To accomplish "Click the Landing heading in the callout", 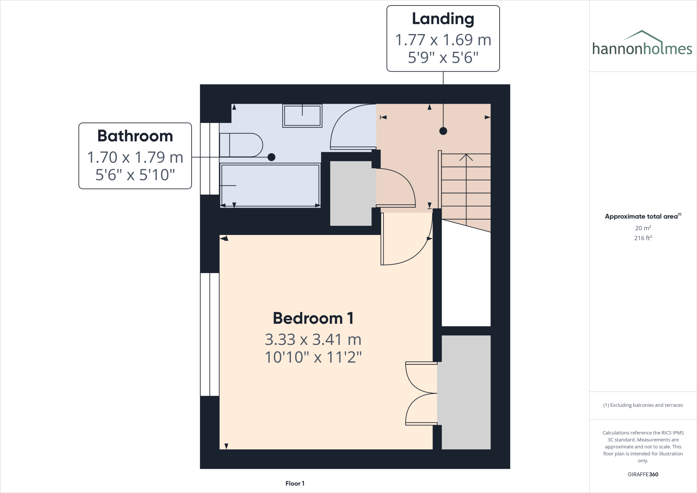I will (443, 19).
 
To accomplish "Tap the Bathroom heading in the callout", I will (135, 136).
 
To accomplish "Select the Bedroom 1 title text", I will (313, 319).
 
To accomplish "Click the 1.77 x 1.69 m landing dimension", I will (443, 40).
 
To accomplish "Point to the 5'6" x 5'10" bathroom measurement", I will (135, 175).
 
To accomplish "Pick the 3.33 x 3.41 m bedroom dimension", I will (313, 339).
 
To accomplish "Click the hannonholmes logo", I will (642, 44).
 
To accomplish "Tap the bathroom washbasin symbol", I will (302, 116).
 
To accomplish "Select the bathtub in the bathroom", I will (270, 186).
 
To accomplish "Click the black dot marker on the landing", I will (443, 131).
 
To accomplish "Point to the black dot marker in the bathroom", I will (271, 157).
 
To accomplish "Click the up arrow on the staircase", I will (466, 158).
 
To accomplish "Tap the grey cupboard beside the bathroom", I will (351, 193).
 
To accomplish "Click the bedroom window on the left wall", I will (210, 334).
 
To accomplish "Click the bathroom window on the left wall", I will (210, 159).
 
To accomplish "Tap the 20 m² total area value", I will (643, 228).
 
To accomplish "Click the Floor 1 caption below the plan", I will (295, 483).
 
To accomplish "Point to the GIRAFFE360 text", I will (643, 474).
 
